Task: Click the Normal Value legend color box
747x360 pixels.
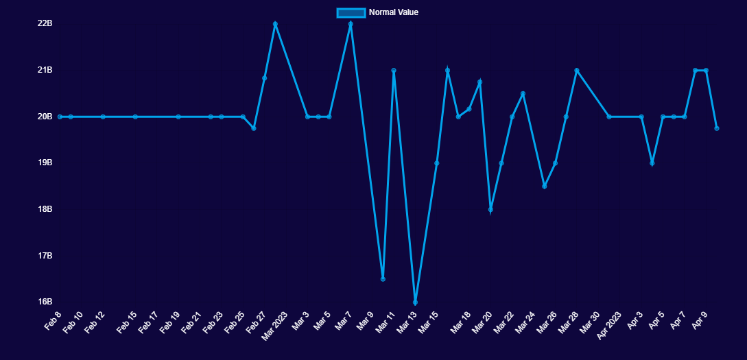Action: pyautogui.click(x=351, y=12)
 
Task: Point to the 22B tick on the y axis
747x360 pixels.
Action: pyautogui.click(x=45, y=23)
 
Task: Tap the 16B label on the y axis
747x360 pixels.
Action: pyautogui.click(x=45, y=302)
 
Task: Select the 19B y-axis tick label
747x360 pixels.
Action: pyautogui.click(x=45, y=163)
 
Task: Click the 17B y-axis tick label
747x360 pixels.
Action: pyautogui.click(x=45, y=256)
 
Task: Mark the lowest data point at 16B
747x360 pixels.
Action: pyautogui.click(x=415, y=302)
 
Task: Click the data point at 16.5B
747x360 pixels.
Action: pyautogui.click(x=383, y=278)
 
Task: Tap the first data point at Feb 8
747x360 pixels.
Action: pyautogui.click(x=60, y=117)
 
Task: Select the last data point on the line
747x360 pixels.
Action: pyautogui.click(x=716, y=128)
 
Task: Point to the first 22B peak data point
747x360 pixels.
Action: pyautogui.click(x=275, y=24)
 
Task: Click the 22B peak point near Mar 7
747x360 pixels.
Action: pyautogui.click(x=351, y=24)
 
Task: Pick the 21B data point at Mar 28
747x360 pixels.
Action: pyautogui.click(x=577, y=71)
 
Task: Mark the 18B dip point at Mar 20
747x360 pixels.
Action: pyautogui.click(x=490, y=209)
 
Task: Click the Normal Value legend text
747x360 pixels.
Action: pyautogui.click(x=393, y=12)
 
